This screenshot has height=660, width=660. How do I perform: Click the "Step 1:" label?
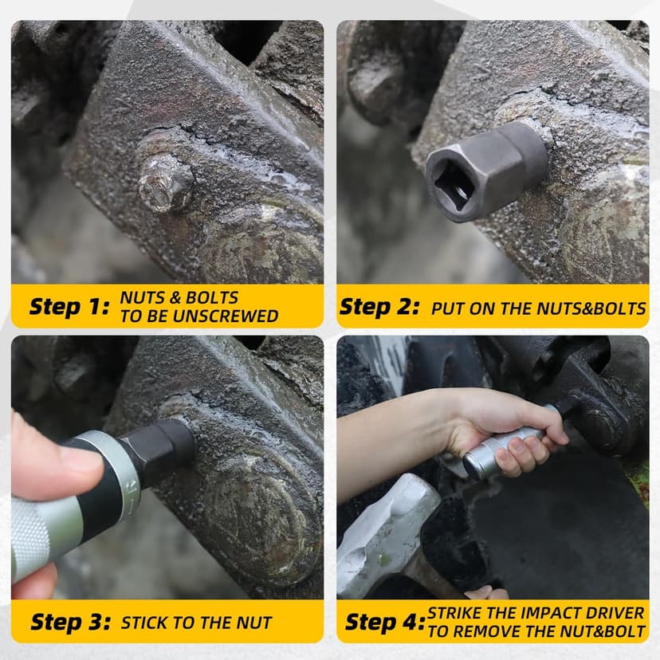[69, 306]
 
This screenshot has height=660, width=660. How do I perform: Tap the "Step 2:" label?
[379, 306]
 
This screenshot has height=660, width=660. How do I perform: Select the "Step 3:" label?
[71, 622]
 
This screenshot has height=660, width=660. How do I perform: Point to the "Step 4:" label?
[385, 622]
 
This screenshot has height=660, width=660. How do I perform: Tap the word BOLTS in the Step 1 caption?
[212, 297]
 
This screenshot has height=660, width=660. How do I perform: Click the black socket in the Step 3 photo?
[158, 448]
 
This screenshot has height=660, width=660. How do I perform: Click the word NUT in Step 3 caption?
[254, 623]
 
